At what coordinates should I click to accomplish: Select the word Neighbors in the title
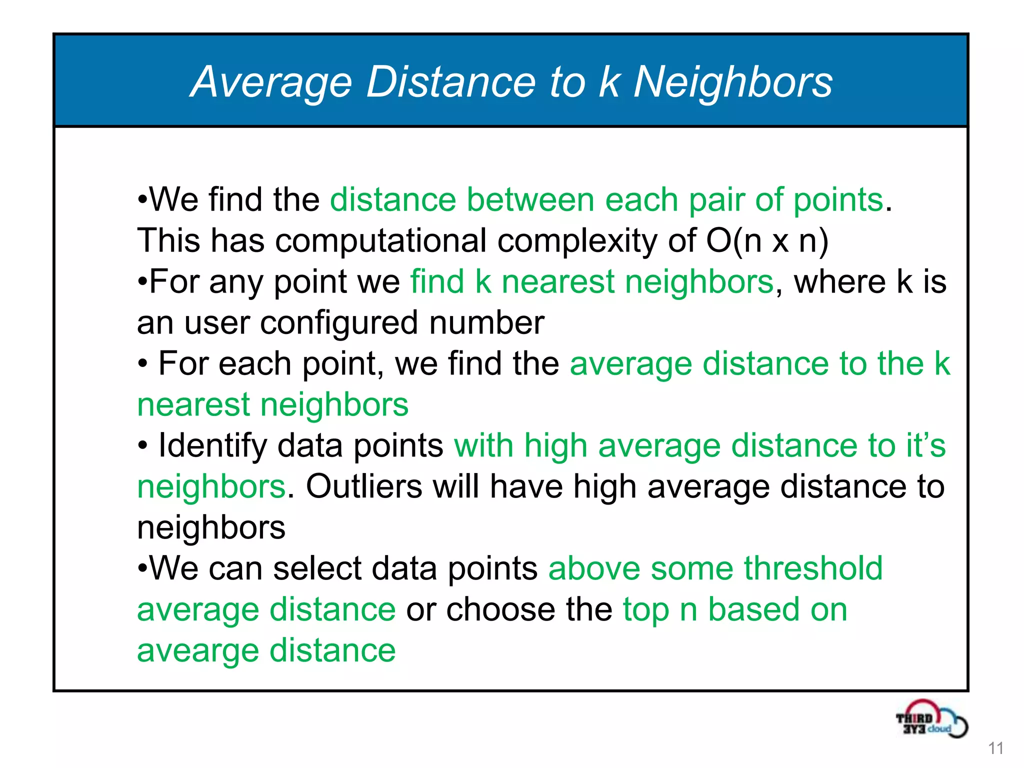coord(733,82)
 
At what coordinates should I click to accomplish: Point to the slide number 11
coord(995,748)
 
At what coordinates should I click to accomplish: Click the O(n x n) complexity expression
coord(767,241)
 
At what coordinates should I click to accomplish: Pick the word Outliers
coord(364,486)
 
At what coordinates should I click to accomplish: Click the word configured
coord(339,323)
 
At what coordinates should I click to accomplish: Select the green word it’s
coord(926,445)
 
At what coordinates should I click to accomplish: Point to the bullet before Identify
coord(143,444)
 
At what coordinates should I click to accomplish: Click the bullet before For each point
coord(143,363)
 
